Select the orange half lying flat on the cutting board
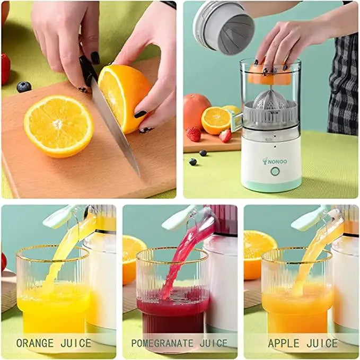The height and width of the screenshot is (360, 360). tap(58, 125)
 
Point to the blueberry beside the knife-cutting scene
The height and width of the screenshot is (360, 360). tap(23, 86)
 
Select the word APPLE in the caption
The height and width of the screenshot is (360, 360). tap(284, 343)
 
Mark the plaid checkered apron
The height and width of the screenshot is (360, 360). tap(344, 90)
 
